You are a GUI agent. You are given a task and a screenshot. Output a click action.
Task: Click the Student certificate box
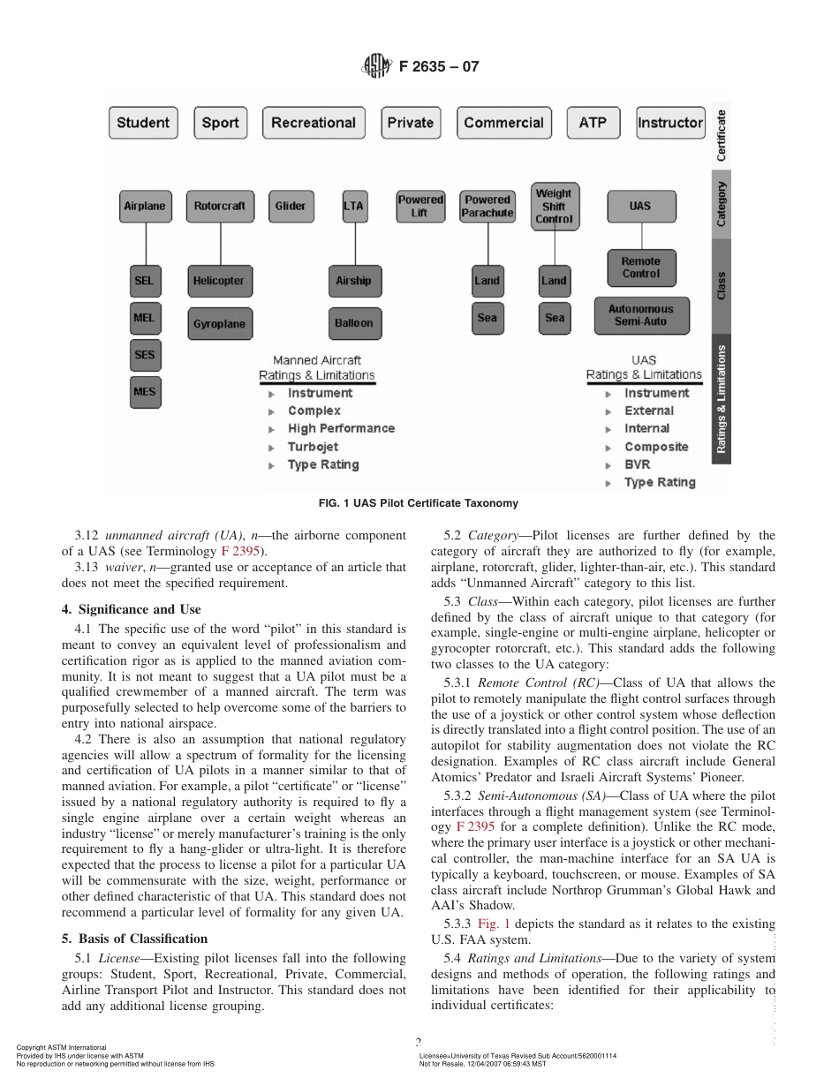click(143, 123)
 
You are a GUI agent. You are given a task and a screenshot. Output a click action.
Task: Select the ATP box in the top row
click(593, 123)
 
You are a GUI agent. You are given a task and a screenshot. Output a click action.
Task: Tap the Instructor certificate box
click(670, 123)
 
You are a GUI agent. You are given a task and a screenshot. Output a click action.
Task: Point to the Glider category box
click(290, 207)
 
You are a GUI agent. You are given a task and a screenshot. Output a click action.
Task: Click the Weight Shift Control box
click(553, 206)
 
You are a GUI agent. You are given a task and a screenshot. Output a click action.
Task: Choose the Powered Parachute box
click(488, 207)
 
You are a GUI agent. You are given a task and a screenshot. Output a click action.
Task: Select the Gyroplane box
click(219, 324)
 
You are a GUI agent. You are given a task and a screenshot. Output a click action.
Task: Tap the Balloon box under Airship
click(353, 323)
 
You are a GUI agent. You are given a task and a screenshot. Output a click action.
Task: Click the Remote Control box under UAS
click(640, 268)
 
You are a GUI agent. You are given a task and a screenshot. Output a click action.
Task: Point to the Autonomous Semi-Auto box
click(640, 315)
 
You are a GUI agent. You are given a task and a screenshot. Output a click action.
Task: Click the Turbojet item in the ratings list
click(313, 447)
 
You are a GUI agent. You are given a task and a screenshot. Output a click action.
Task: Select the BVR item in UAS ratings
click(637, 464)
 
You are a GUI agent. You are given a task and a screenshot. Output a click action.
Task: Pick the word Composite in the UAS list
click(656, 447)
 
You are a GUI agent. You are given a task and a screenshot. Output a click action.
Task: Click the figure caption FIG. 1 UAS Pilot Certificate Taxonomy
click(418, 503)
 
